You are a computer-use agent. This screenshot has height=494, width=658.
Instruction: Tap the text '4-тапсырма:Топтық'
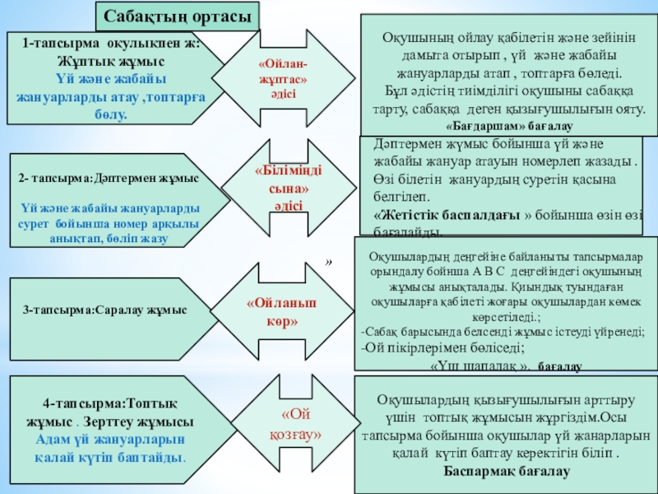[110, 405]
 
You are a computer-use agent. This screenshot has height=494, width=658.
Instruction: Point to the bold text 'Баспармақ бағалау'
[507, 470]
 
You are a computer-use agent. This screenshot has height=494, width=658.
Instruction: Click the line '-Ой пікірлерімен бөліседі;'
[443, 348]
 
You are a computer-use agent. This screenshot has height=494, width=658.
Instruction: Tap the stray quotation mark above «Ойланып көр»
[328, 263]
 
